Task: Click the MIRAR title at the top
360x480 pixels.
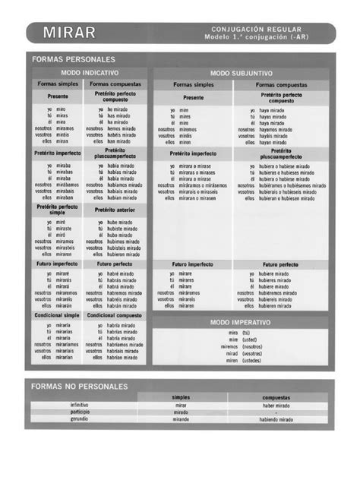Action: [x=69, y=32]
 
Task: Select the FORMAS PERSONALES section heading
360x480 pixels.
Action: [x=73, y=58]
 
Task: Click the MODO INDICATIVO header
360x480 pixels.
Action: [x=90, y=72]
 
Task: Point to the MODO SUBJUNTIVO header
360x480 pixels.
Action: [x=241, y=73]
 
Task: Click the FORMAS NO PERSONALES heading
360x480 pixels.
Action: [x=80, y=386]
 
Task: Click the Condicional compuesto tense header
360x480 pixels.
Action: [x=115, y=314]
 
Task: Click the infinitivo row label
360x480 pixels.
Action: [x=79, y=406]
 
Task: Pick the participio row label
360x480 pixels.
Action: [x=79, y=412]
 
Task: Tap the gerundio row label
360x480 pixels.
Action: [x=79, y=419]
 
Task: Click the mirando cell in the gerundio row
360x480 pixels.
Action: [x=181, y=419]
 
